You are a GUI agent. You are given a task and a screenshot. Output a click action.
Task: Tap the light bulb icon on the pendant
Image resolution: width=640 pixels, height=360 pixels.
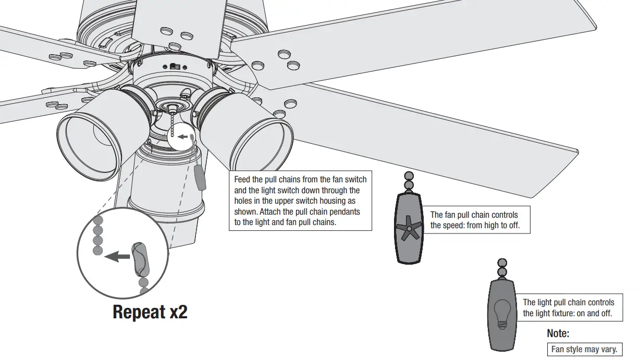pos(502,314)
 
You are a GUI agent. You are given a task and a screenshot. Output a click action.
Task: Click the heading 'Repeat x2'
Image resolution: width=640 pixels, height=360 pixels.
pos(150,312)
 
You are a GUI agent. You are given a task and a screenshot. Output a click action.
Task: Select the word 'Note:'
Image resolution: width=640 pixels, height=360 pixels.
pos(558,333)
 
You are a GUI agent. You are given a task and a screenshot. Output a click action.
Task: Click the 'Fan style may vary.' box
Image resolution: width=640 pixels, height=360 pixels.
pos(584,350)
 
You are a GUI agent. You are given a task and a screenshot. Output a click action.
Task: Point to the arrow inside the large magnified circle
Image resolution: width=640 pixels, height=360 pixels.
pos(117,256)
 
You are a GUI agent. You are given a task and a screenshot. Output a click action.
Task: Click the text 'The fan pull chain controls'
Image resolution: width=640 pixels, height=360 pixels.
pos(474,215)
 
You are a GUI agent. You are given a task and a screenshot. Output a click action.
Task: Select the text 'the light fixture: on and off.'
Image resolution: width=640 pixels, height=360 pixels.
pos(567,313)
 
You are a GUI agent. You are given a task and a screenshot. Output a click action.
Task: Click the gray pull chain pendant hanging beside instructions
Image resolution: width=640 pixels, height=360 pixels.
pos(200,178)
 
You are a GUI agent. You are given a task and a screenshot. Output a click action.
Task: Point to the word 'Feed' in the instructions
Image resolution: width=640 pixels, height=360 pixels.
pos(243,180)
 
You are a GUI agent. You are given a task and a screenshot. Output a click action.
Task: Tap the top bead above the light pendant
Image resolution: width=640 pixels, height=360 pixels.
pos(502,263)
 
